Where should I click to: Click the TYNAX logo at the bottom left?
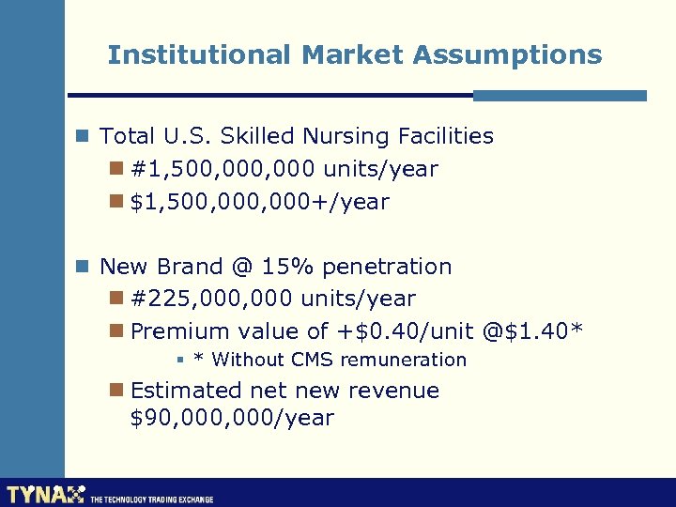[x=45, y=494]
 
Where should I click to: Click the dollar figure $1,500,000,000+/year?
[x=259, y=202]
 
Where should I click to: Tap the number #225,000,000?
[x=211, y=300]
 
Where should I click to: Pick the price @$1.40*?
[x=533, y=331]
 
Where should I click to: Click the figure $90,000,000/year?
[x=232, y=419]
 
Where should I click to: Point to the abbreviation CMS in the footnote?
[x=313, y=360]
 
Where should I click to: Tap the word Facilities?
[x=445, y=137]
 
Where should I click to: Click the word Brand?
[x=188, y=267]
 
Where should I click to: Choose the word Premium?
[x=179, y=331]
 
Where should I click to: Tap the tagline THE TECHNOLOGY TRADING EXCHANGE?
[x=152, y=499]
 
